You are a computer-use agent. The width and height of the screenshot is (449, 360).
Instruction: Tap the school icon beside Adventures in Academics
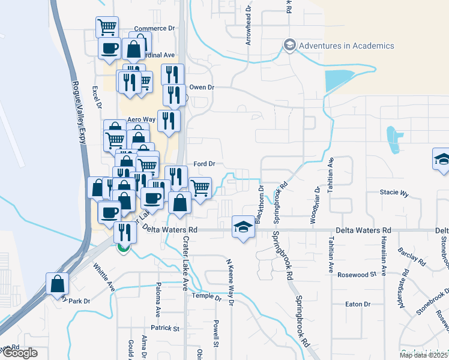coord(290,46)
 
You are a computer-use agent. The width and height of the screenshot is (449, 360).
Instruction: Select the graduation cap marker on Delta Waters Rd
coord(243,227)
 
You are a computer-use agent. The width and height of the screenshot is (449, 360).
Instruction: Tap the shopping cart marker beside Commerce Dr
coord(107,26)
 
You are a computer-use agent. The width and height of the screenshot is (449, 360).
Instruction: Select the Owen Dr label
coord(202,87)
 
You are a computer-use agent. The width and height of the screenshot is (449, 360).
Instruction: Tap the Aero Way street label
coord(141,119)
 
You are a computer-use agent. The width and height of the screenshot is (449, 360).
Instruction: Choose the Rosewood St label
coord(360,274)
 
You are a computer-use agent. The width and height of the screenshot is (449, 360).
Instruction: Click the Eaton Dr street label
coord(358,304)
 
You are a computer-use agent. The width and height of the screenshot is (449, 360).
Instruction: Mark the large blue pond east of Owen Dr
coord(339,80)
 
